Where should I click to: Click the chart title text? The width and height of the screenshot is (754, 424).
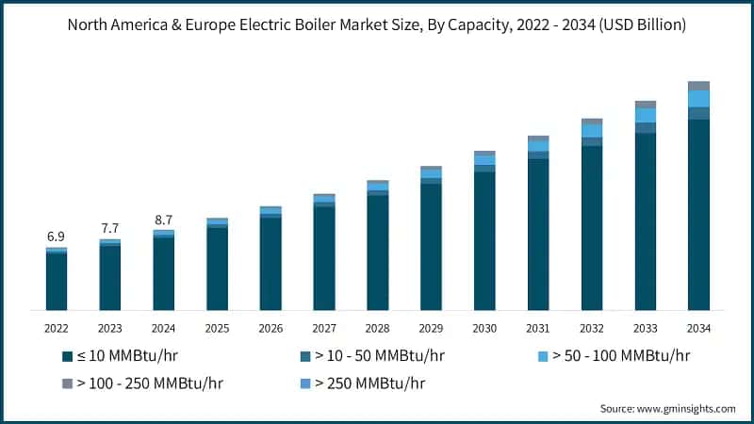coord(377,25)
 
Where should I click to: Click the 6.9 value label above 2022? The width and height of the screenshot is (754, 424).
coord(57,236)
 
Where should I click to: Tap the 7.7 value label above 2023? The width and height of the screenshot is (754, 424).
coord(110,228)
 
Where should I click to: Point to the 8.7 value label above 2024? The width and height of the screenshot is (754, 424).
coord(164,220)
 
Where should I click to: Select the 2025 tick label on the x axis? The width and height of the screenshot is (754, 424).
coord(217,328)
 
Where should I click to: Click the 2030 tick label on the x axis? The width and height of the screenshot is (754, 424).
coord(484,328)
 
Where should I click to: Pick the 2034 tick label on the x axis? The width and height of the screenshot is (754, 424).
coord(698,328)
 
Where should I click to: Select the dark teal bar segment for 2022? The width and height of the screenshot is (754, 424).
coord(57,282)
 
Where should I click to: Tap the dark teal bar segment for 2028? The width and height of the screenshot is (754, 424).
coord(377,253)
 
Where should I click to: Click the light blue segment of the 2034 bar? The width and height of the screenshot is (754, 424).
coord(698,98)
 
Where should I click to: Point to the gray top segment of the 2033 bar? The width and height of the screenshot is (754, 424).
coord(645,104)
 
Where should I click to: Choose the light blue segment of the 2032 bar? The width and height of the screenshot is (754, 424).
coord(591,131)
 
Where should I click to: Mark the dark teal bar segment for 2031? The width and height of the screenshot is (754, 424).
coord(538,235)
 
